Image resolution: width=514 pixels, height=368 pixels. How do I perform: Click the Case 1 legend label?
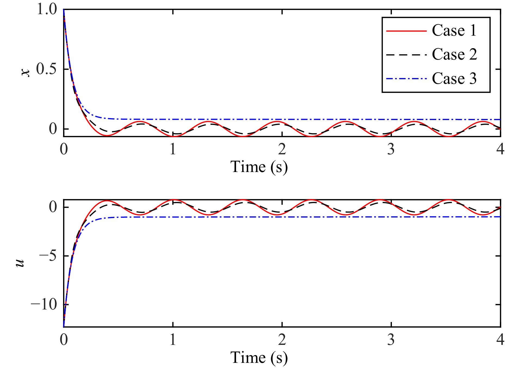point(454,30)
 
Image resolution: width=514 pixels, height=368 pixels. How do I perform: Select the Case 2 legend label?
point(454,54)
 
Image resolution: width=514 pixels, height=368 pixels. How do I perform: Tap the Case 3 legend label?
point(454,79)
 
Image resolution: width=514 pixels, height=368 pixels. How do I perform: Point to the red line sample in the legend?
point(406,31)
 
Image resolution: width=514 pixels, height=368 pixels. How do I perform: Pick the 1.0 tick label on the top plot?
point(47,10)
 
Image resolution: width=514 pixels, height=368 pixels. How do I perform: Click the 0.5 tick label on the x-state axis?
point(47,69)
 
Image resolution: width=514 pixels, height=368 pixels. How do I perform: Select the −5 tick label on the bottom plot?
point(48,256)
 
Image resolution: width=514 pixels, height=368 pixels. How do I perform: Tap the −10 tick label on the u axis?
point(44,305)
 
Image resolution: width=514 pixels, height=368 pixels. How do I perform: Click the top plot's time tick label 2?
point(282,149)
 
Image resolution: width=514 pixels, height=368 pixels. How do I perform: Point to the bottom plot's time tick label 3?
point(391,340)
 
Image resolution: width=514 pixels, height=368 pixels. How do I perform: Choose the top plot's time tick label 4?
point(500,149)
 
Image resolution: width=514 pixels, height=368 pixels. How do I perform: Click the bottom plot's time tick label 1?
point(173,340)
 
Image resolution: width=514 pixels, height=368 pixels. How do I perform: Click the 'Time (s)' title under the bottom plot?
point(259,357)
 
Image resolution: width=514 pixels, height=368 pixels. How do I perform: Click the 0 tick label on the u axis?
point(53,207)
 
